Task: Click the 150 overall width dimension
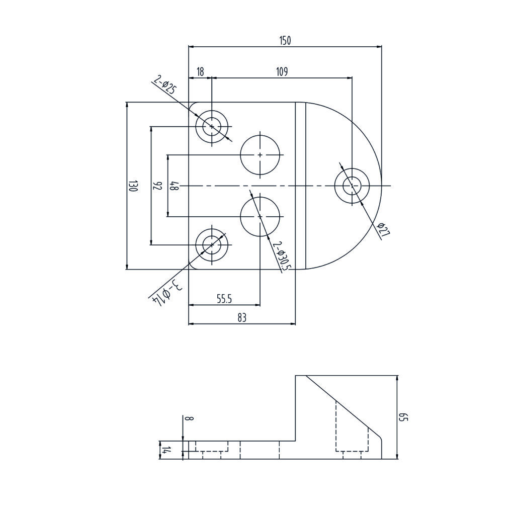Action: tap(285, 41)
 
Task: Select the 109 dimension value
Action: tap(281, 72)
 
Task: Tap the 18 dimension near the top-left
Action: tap(200, 72)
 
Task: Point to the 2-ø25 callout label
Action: tap(165, 85)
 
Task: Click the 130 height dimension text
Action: tap(132, 186)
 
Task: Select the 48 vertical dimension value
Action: tap(174, 186)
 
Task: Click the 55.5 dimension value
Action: tap(224, 299)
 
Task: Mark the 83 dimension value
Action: tap(242, 318)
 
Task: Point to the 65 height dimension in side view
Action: tap(403, 417)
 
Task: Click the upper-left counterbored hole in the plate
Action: tap(212, 126)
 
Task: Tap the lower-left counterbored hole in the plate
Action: tap(212, 245)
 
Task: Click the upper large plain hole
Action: tap(260, 155)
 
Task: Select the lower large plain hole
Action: tap(260, 216)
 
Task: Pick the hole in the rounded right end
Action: tap(352, 186)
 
